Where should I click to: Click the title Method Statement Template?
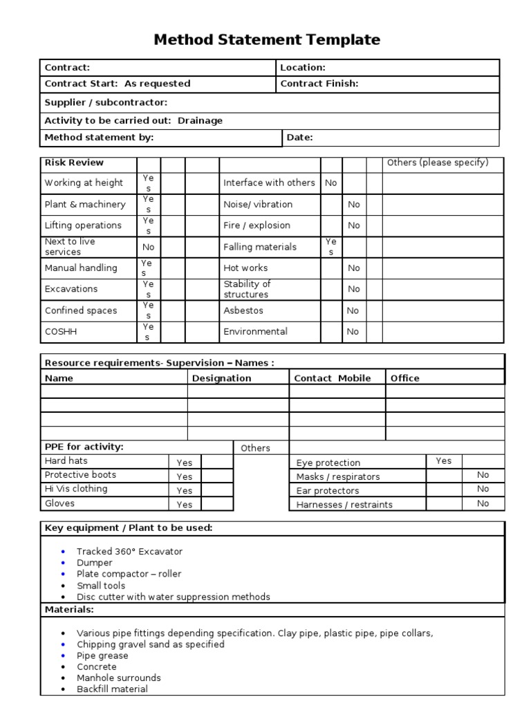point(266,40)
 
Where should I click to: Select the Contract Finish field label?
point(319,84)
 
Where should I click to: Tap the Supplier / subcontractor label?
point(106,102)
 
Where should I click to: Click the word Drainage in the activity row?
point(200,120)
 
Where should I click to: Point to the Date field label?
point(299,138)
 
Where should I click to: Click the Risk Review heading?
point(74,163)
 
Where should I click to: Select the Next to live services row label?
point(70,247)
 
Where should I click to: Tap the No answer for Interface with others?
point(330,183)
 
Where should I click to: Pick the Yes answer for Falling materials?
point(330,247)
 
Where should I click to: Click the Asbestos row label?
point(243,310)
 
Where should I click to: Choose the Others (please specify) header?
point(438,163)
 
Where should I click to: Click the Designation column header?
point(221,378)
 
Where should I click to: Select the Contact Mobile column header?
point(332,378)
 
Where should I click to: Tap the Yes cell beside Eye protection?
point(443,461)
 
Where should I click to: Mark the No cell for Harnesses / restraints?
point(483,504)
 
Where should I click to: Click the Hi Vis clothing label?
point(76,489)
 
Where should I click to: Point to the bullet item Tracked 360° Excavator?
point(129,552)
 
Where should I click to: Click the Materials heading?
point(69,610)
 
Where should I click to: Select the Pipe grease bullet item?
point(102,655)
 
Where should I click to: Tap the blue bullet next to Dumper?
point(64,563)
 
